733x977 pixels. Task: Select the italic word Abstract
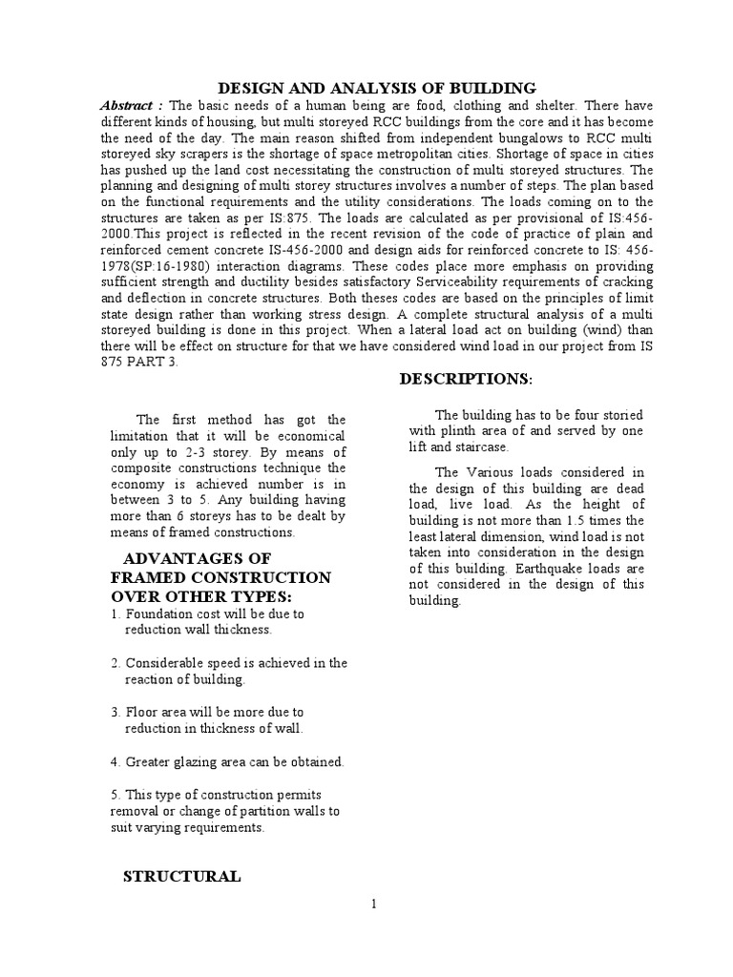tap(130, 105)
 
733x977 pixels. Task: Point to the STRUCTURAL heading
tap(181, 876)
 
